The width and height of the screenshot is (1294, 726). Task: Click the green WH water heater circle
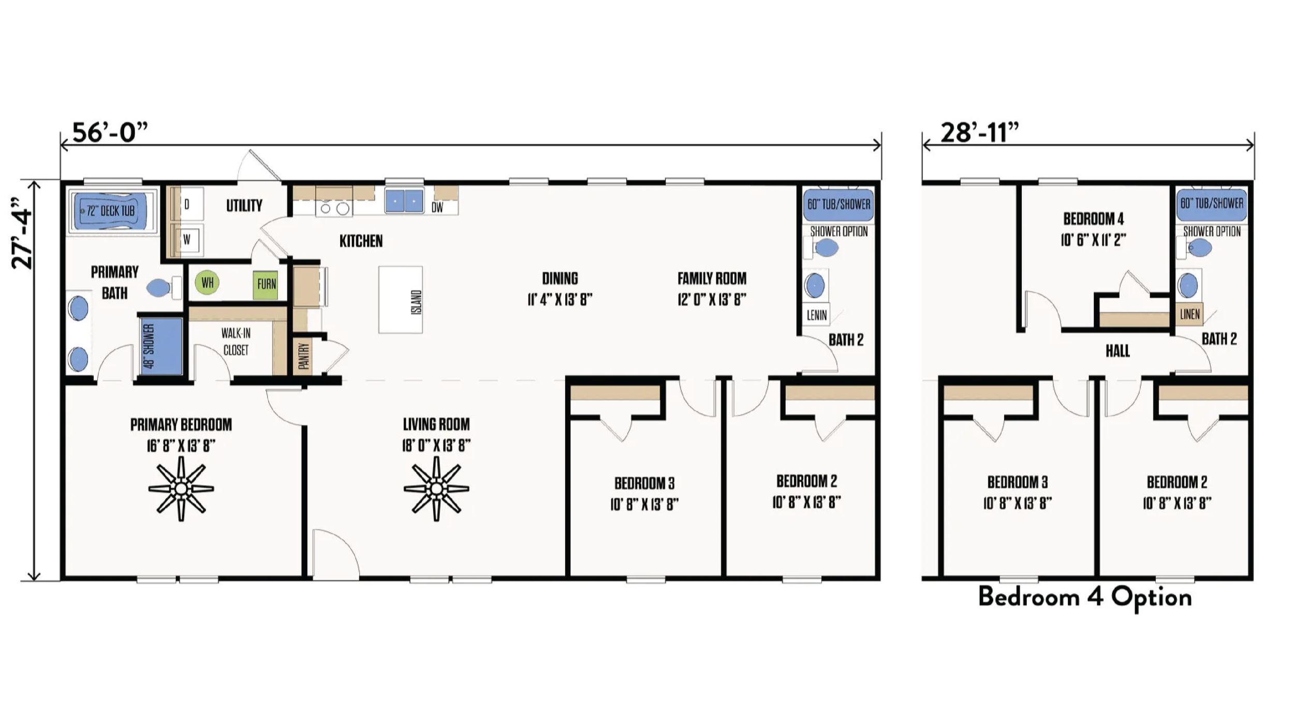207,283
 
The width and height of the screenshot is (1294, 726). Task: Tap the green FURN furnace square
266,284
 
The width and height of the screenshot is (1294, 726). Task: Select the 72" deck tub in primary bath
110,211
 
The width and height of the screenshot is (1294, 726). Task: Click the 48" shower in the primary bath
161,346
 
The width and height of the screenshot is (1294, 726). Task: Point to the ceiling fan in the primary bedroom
181,488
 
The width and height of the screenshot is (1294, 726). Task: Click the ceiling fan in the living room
436,488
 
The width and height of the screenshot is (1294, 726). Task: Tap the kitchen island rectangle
401,300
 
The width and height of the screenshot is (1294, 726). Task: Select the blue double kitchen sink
404,201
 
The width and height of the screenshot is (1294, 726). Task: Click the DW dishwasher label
437,208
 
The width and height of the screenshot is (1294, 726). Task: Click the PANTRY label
304,356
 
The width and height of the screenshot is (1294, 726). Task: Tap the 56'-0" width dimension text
110,132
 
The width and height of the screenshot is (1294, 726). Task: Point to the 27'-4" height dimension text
23,232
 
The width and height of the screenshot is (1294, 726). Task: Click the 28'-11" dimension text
979,132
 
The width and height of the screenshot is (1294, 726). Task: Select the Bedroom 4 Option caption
1085,597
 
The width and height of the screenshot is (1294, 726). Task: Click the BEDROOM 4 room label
1093,219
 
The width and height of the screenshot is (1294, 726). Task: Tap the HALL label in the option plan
1117,351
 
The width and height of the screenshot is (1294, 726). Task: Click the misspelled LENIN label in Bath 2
817,315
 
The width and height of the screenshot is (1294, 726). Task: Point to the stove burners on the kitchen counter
334,209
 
